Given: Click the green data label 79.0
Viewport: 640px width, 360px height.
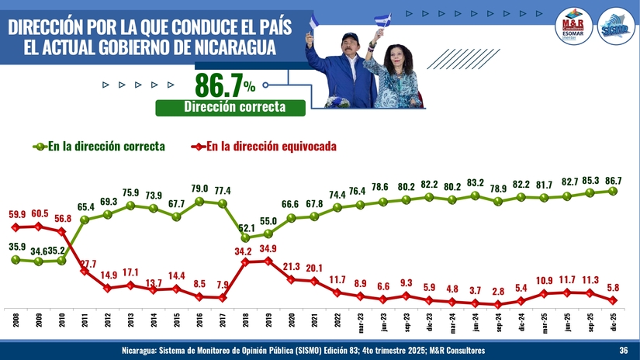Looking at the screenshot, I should (199, 189).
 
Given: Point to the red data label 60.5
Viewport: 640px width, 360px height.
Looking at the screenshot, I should (40, 213).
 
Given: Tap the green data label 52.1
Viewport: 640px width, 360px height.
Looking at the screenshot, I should (246, 228).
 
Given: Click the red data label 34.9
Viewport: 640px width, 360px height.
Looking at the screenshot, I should (268, 248).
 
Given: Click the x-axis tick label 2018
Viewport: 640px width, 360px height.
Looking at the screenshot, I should (244, 320).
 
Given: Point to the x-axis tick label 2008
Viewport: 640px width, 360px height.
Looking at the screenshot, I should (16, 320).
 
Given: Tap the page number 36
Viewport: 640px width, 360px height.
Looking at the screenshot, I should (624, 351).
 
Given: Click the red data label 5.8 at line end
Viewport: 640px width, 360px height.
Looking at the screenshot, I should (612, 285).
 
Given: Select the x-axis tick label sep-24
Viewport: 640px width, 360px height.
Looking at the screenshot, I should (497, 320).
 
